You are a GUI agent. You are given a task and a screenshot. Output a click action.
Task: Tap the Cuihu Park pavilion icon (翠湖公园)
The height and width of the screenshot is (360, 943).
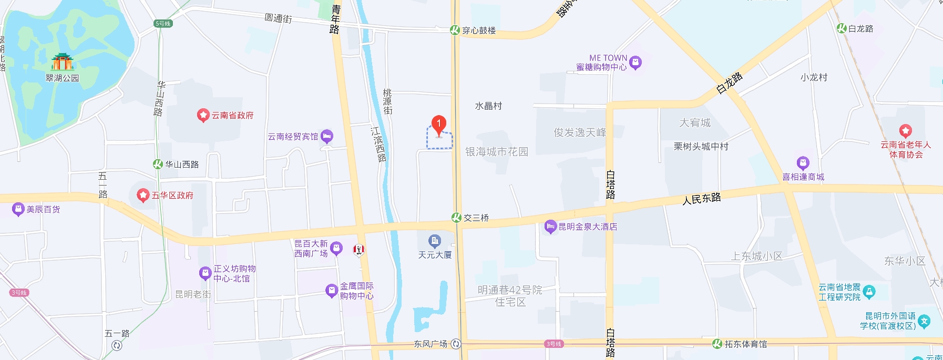(x=62, y=62)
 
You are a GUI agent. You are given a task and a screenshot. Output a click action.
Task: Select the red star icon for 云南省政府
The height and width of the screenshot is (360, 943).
(x=203, y=116)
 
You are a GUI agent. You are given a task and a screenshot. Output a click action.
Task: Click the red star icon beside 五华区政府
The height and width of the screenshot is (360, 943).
(x=143, y=196)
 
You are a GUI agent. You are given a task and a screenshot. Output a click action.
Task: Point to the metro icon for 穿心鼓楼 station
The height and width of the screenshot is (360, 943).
(x=455, y=30)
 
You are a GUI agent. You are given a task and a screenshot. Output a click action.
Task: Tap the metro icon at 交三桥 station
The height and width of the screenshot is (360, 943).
(x=457, y=218)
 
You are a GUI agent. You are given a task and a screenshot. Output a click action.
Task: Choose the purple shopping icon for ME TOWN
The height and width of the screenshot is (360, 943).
(x=635, y=63)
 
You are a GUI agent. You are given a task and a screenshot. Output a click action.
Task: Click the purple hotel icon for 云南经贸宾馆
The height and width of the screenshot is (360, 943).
(x=327, y=137)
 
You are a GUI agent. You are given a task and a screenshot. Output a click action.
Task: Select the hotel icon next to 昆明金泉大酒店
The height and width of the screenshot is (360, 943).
(x=550, y=227)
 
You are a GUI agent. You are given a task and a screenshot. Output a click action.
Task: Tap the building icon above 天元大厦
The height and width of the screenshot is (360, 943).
(x=435, y=241)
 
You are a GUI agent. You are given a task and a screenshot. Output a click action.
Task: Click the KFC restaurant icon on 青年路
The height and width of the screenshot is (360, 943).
(x=359, y=249)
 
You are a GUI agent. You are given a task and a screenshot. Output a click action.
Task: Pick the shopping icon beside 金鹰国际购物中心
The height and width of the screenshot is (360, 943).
(x=332, y=291)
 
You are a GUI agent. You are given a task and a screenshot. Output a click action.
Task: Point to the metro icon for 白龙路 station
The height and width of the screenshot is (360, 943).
(x=842, y=28)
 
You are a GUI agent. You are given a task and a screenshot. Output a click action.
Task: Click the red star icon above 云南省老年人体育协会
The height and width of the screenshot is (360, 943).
(x=905, y=131)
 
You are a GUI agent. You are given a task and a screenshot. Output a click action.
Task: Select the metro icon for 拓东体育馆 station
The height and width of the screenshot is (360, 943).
(x=717, y=344)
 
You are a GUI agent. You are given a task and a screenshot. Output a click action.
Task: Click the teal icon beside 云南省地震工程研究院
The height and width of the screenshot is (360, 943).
(x=869, y=292)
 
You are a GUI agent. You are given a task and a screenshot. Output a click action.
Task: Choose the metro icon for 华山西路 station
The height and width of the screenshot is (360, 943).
(x=158, y=164)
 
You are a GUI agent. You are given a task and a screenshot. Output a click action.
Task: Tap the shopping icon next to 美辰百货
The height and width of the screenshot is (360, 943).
(x=18, y=210)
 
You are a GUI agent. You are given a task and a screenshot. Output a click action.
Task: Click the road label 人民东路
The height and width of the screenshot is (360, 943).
(x=702, y=199)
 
